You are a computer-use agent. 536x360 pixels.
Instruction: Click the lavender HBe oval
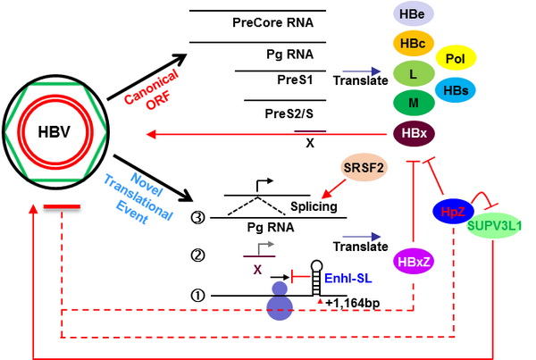[414, 13]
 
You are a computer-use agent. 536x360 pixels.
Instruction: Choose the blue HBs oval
[458, 88]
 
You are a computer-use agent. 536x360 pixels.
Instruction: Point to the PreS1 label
[294, 80]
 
